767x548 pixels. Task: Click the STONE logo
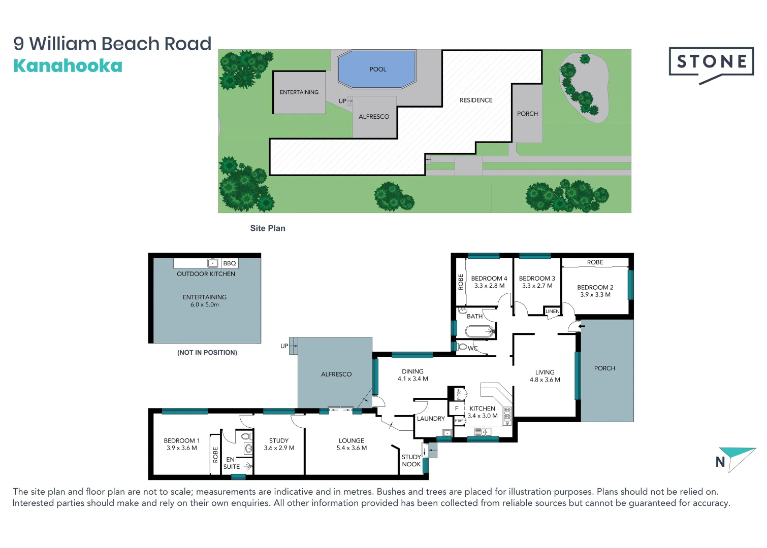tap(711, 62)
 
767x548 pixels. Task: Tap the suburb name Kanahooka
tap(68, 66)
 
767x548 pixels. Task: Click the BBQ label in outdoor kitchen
tap(230, 263)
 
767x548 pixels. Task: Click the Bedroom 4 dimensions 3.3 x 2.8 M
tap(489, 286)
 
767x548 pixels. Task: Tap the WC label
tap(472, 348)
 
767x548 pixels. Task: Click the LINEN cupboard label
tap(552, 312)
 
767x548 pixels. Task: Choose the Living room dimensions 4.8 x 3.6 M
tap(545, 380)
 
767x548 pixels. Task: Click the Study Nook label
tap(411, 461)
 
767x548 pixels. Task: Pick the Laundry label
tap(430, 419)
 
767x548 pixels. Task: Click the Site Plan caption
tap(268, 228)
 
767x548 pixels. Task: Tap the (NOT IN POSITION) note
tap(207, 353)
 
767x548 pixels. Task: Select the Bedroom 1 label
tap(181, 440)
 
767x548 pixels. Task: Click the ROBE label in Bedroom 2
tap(595, 262)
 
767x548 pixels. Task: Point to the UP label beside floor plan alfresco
tap(284, 346)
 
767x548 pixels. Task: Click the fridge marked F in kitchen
tap(457, 408)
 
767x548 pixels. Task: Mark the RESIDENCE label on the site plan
tap(475, 100)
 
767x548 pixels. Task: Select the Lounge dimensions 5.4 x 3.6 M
tap(351, 448)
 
